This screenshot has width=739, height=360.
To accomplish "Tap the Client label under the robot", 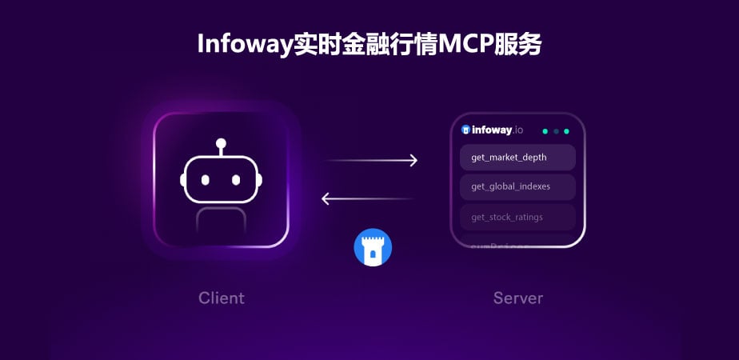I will coord(222,298).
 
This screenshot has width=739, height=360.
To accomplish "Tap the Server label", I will coord(517,298).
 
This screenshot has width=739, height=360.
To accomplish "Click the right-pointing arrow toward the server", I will coord(371,161).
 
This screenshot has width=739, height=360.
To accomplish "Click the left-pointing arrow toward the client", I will coord(367,198).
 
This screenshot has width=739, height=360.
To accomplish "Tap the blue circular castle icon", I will coord(373,247).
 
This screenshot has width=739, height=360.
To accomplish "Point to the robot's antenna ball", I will coord(222,143).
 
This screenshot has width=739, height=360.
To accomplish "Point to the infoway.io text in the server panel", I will coord(497,130).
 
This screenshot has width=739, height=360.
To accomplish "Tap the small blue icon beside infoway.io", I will coord(465,130).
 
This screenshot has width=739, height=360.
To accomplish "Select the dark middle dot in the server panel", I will coord(556,130).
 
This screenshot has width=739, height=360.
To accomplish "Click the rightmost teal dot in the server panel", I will coord(566,130).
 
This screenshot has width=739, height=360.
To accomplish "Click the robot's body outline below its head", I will coord(222,219).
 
